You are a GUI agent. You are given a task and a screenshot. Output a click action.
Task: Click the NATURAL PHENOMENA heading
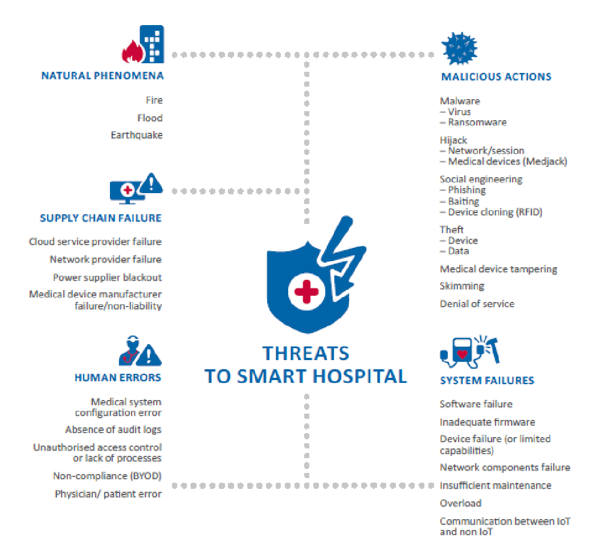point(103,76)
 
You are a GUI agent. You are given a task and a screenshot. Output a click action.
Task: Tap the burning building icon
point(142,44)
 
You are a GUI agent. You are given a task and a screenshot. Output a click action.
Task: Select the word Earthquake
point(137,136)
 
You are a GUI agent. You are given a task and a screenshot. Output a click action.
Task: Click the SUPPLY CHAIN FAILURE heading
point(101,218)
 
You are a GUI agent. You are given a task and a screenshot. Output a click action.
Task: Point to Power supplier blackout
point(108,277)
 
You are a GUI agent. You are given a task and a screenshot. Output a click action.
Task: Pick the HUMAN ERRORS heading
point(118,377)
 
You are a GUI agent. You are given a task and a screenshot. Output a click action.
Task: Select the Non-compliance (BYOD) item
point(108,476)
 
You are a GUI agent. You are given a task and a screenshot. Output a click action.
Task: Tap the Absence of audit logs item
point(113,430)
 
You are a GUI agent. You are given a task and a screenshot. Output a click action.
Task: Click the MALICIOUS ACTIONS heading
point(496,76)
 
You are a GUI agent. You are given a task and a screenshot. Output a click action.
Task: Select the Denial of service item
point(477,304)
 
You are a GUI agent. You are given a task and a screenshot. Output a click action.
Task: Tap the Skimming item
point(462,286)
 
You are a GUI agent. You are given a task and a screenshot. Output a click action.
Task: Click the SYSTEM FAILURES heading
point(487,380)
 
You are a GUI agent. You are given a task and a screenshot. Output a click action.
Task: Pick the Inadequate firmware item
point(488,422)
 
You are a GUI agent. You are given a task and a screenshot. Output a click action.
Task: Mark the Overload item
point(461,503)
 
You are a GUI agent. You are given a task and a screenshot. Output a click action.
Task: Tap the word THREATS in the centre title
point(306,353)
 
